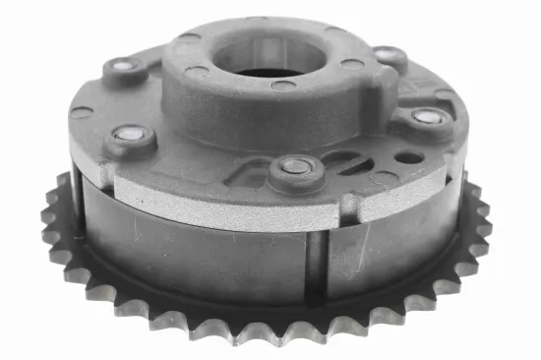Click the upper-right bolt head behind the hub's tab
coord(392,57)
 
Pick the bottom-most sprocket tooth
coord(270,334)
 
